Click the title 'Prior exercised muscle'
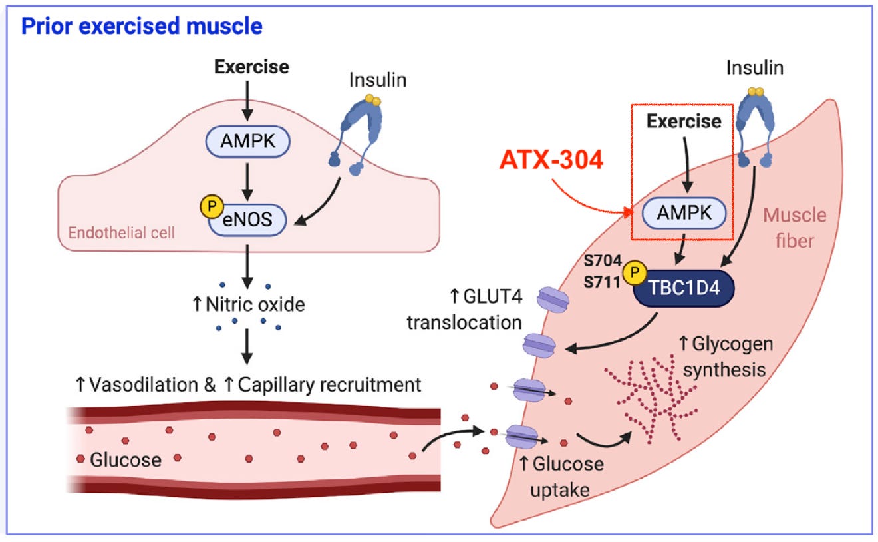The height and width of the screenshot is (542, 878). (142, 26)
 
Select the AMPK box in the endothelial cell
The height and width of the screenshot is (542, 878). (247, 141)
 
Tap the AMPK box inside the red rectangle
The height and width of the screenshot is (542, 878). (684, 213)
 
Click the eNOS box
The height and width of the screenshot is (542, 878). (247, 220)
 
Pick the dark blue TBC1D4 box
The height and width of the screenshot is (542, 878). (684, 288)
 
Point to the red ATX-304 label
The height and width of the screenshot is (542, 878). (551, 160)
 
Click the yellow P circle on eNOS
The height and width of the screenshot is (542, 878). (212, 206)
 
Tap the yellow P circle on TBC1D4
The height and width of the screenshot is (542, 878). (635, 272)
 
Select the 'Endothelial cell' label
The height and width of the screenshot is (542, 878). (122, 233)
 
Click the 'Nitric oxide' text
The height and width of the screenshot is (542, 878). (255, 304)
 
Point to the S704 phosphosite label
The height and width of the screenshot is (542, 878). (603, 260)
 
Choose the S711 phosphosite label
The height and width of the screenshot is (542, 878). (602, 282)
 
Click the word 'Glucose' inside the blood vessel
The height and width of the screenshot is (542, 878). (126, 460)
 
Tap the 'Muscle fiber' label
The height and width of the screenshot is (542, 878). (794, 228)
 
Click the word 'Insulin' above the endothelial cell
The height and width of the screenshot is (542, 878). (378, 80)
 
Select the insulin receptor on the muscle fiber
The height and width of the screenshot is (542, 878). (756, 128)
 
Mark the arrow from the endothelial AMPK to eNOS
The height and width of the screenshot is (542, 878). (247, 182)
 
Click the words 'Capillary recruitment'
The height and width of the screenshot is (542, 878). (329, 385)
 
